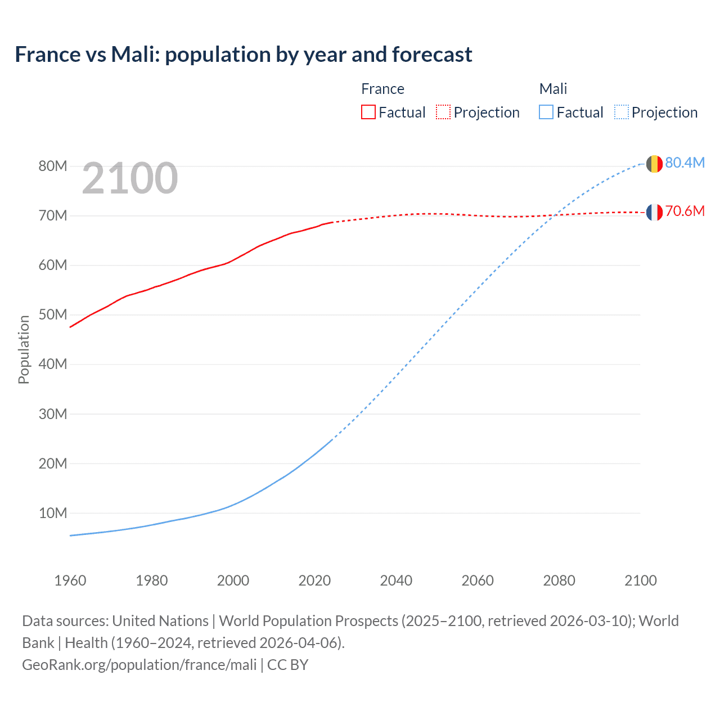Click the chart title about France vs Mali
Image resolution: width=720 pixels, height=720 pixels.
(x=243, y=55)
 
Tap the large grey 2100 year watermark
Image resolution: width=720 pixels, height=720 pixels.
(x=130, y=178)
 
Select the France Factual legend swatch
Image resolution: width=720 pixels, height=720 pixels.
(x=368, y=112)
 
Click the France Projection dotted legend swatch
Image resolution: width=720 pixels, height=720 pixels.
(x=443, y=112)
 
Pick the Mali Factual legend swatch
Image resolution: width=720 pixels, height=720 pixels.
(x=546, y=112)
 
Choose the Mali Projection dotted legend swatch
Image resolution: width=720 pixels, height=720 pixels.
(x=621, y=112)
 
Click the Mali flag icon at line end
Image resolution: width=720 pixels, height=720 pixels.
(x=654, y=164)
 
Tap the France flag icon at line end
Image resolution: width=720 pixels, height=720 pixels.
(x=654, y=212)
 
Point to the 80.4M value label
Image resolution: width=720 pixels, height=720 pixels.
(x=685, y=163)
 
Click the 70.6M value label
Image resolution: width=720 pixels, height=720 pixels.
(x=685, y=211)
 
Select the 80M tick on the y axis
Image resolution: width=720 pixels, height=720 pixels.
(x=53, y=166)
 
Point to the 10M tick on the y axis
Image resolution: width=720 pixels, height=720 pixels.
(x=53, y=513)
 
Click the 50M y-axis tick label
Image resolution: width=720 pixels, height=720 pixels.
(x=53, y=314)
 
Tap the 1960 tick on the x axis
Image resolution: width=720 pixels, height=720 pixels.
(x=70, y=580)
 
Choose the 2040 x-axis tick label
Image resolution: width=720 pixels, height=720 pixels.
(x=396, y=580)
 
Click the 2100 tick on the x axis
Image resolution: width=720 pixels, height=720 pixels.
(x=640, y=580)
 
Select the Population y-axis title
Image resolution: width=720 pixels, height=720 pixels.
(x=24, y=349)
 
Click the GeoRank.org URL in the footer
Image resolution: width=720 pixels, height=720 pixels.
(x=139, y=665)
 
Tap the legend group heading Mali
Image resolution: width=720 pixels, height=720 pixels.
(x=553, y=89)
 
